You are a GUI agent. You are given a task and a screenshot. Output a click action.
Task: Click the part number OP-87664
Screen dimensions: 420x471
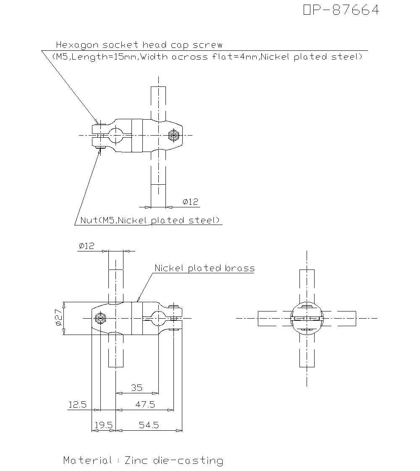point(341,10)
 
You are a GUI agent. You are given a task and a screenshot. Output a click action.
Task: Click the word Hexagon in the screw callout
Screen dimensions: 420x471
point(77,45)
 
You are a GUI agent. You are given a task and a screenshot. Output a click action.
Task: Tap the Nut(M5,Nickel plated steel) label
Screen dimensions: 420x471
point(150,220)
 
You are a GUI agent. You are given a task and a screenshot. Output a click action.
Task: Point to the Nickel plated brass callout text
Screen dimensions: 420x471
point(205,268)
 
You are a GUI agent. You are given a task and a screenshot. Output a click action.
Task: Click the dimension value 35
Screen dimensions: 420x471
point(136,387)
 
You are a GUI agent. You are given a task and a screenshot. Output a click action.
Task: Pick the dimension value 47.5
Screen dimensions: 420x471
point(145,404)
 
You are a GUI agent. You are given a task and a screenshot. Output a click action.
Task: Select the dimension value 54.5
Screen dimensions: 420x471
point(149,425)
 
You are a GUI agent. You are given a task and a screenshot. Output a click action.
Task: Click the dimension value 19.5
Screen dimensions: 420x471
point(103,425)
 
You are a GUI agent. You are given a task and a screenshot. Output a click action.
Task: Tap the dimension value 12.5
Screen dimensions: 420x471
point(78,405)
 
